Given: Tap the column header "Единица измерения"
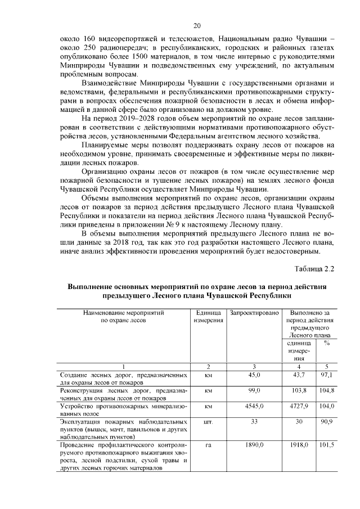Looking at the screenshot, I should point(208,316).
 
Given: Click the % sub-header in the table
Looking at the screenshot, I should point(327,343).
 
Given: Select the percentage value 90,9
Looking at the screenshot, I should point(327,421).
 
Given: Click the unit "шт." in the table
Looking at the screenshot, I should point(208,421).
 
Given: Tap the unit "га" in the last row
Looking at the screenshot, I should point(208,444).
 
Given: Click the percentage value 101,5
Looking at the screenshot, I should point(327,444).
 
